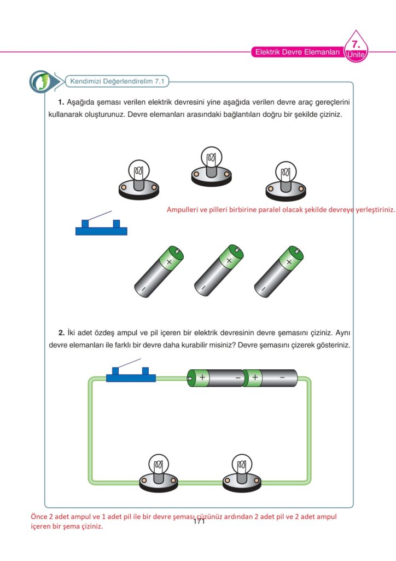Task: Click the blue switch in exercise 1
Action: (101, 227)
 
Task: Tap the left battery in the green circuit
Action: (216, 377)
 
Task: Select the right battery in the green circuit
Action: (271, 377)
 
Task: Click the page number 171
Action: (199, 522)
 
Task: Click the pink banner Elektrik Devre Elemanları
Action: (297, 53)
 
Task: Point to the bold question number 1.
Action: (61, 102)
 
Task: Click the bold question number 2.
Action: (61, 333)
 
